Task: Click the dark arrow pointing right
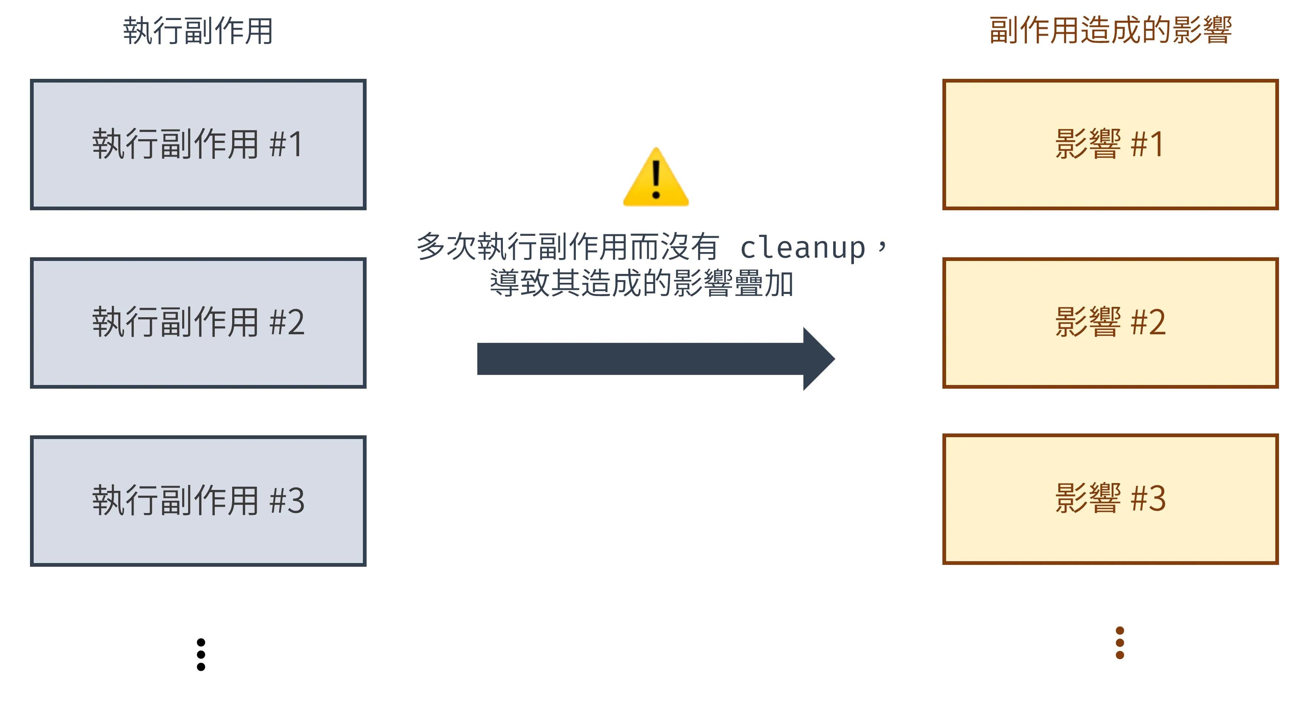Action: tap(640, 359)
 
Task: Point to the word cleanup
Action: tap(802, 248)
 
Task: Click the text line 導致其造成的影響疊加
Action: tap(641, 283)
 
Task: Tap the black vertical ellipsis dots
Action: tap(201, 654)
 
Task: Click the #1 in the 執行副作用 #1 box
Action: tap(287, 144)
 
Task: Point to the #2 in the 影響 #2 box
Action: tap(1148, 322)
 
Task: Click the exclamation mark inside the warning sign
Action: tap(656, 179)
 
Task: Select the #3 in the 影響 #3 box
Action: tap(1148, 498)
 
